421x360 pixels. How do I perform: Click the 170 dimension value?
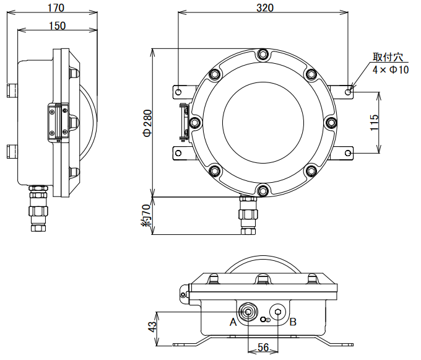(56, 7)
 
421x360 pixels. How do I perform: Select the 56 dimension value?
(263, 348)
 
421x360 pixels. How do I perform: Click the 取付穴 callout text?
(387, 58)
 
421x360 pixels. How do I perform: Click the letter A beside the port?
(233, 322)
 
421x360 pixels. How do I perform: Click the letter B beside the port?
(293, 322)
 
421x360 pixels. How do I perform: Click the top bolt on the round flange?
(264, 55)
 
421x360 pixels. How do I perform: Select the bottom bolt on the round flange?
(264, 190)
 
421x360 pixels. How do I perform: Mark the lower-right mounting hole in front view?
(349, 152)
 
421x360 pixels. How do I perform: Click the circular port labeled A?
(248, 311)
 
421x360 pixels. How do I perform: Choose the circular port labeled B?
(277, 312)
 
